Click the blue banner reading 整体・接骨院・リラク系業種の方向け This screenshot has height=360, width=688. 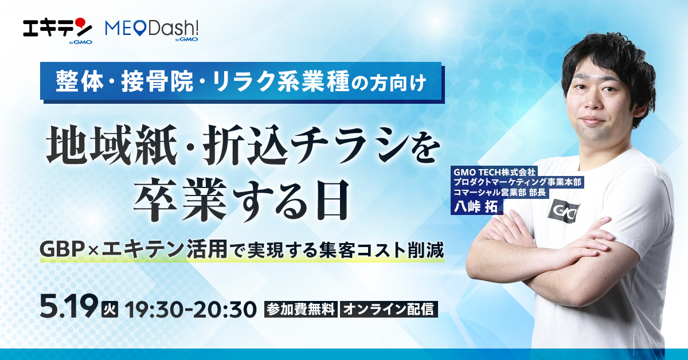[241, 82]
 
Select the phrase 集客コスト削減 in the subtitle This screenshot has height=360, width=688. [390, 251]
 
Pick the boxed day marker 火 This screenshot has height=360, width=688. [108, 309]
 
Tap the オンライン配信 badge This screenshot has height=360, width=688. [389, 309]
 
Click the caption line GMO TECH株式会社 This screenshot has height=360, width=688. [494, 171]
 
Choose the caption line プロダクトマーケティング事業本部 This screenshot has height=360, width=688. [517, 182]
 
